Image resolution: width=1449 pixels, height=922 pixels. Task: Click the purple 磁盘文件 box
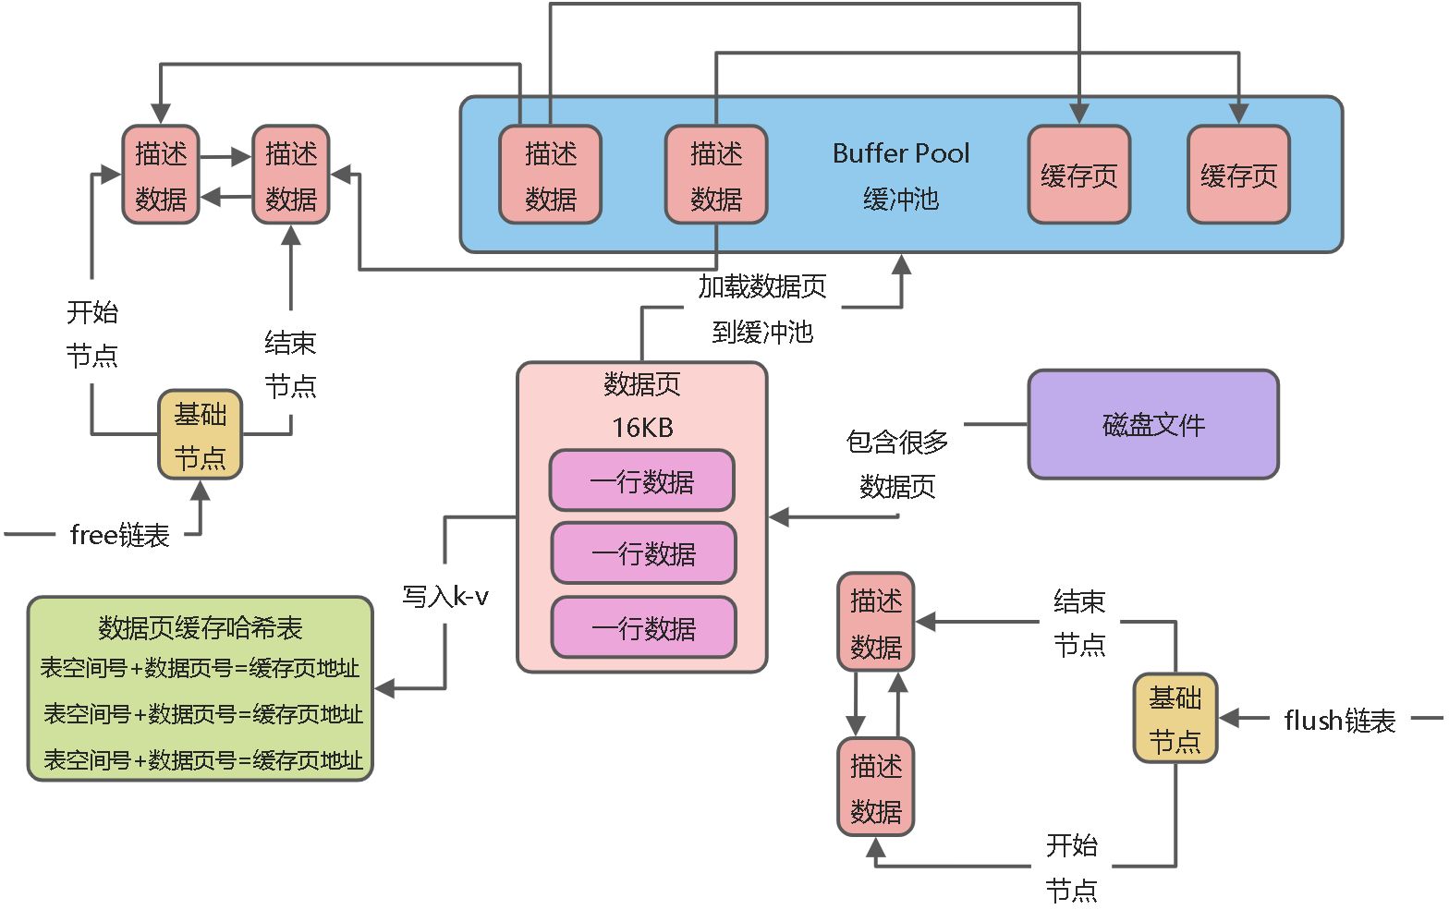(1152, 425)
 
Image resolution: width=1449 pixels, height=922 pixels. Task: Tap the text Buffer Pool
(900, 153)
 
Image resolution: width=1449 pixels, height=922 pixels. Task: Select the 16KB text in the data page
(642, 428)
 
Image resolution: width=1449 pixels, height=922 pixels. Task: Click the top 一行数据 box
(642, 481)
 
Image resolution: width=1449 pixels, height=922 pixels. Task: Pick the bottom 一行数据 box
(643, 628)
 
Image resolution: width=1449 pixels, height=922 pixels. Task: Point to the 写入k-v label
(445, 597)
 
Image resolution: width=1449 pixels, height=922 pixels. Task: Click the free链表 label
(119, 535)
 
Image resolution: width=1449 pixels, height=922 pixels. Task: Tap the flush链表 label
(1339, 720)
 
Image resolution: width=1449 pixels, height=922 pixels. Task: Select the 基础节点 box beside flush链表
(1175, 718)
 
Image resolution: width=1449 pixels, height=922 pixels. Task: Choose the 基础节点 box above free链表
(200, 434)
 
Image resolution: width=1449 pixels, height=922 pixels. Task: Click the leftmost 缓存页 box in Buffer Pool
(1078, 176)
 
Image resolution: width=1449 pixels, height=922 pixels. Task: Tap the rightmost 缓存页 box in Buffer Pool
(1237, 176)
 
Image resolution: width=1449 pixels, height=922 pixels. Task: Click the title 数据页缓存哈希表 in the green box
(201, 628)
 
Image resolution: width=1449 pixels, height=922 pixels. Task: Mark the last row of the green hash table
(202, 759)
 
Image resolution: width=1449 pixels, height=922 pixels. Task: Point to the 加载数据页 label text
(761, 287)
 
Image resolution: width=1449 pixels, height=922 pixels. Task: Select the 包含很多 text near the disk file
(897, 443)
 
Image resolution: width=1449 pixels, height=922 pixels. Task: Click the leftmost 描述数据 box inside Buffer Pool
(550, 176)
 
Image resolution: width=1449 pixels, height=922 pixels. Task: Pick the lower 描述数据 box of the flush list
(875, 787)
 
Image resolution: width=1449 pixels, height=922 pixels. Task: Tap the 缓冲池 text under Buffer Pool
(900, 199)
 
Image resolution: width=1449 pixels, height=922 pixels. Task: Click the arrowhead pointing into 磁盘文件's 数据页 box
(778, 516)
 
